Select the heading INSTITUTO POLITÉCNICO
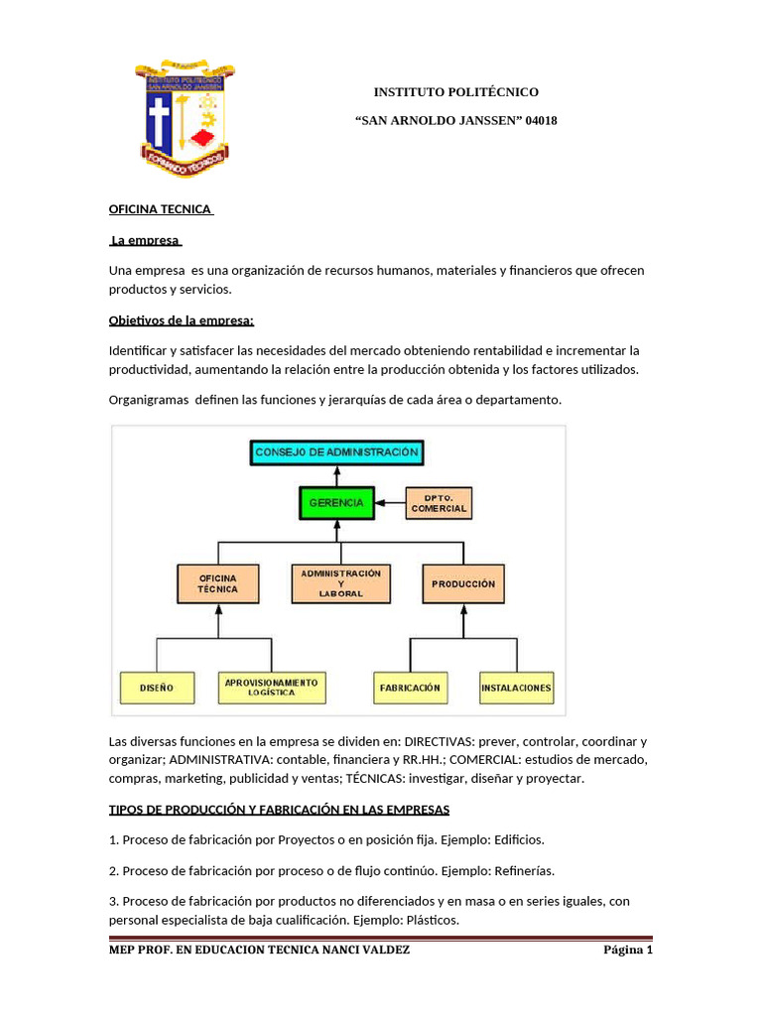[455, 92]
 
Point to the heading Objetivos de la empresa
[182, 320]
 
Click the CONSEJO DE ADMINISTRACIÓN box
[336, 452]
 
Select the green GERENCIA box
[336, 503]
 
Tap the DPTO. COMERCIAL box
[438, 503]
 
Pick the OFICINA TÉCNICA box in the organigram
[218, 584]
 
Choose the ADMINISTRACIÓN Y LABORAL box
[341, 584]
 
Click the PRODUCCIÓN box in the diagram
[463, 584]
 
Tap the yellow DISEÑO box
[157, 687]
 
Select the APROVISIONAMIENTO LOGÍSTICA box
[271, 687]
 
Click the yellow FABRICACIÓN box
[410, 687]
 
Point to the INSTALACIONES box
[516, 687]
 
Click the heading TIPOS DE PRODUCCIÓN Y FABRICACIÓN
[279, 810]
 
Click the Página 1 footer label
[628, 951]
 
